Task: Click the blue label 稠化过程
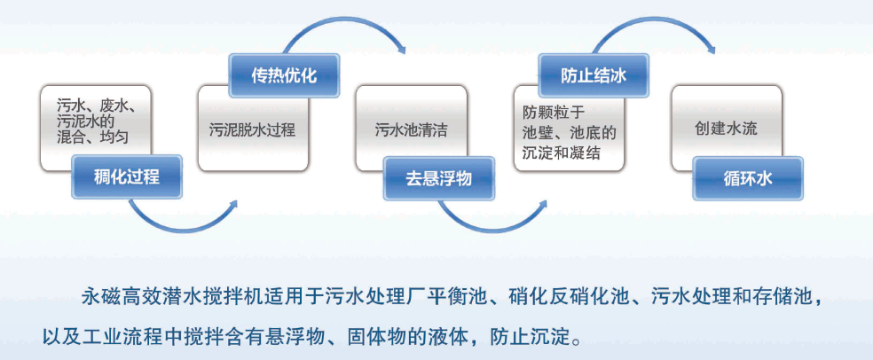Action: click(x=126, y=176)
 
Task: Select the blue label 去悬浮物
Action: click(x=438, y=177)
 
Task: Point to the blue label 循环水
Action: click(x=748, y=177)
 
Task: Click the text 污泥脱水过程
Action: click(x=252, y=129)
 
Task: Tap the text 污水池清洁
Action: click(x=410, y=129)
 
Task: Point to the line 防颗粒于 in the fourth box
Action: click(x=551, y=112)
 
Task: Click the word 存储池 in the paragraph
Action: click(x=781, y=293)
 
